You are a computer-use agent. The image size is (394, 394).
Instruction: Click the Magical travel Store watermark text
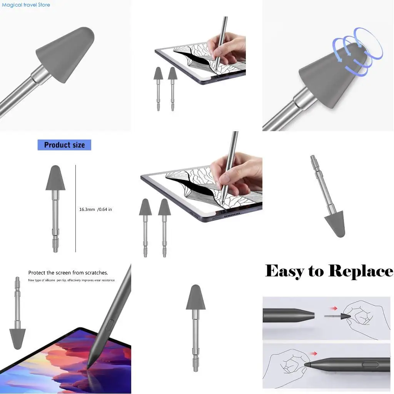[x=26, y=5]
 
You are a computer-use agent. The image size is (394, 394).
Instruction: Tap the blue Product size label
[x=64, y=145]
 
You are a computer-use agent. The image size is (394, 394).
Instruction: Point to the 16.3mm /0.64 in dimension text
[x=95, y=209]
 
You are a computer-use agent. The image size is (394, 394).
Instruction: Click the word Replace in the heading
[x=361, y=271]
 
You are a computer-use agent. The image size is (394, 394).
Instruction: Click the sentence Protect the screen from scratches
[x=68, y=273]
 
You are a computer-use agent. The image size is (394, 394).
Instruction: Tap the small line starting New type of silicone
[x=71, y=280]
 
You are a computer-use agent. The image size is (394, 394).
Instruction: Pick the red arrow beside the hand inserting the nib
[x=314, y=353]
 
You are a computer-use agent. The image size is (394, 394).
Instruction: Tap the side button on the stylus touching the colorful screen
[x=110, y=325]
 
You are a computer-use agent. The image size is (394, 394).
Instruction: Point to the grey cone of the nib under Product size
[x=55, y=179]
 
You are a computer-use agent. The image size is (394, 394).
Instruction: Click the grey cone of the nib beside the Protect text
[x=17, y=338]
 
